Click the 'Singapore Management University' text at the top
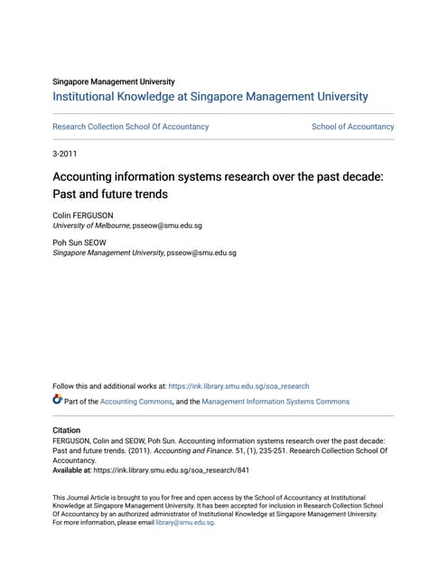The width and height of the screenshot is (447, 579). (x=114, y=81)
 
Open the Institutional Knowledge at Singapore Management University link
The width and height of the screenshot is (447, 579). (x=210, y=97)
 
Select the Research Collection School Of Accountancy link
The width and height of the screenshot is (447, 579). (x=131, y=127)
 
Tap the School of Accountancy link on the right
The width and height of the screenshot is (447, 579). (x=352, y=127)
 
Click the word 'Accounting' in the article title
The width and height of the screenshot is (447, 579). (x=88, y=177)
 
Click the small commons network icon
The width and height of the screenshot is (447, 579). (x=58, y=400)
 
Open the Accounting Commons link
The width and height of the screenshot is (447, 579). (x=135, y=402)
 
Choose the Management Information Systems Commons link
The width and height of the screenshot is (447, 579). (x=275, y=402)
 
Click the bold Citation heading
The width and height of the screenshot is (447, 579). (x=67, y=431)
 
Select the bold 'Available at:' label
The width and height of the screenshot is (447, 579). (x=77, y=470)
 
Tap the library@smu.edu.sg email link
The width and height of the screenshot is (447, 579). (x=184, y=523)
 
